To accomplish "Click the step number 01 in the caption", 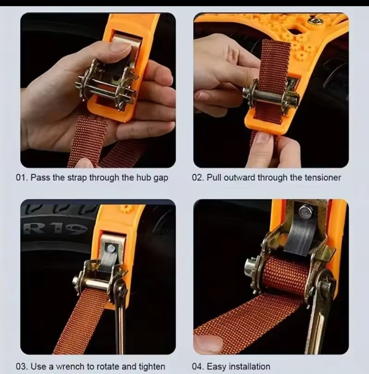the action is pyautogui.click(x=21, y=178).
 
